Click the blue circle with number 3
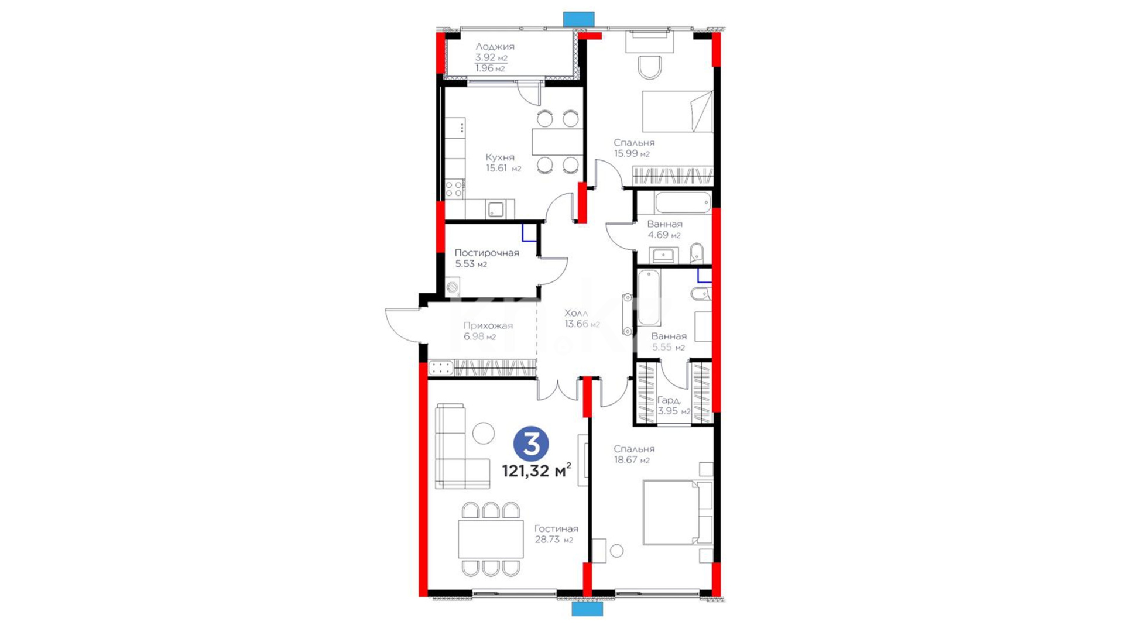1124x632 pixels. (531, 444)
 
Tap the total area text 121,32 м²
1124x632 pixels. (536, 470)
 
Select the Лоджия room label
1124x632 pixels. (495, 46)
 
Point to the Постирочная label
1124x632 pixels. (486, 253)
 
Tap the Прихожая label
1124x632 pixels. (488, 325)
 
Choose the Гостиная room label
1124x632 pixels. (556, 528)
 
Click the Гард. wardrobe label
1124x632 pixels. (669, 400)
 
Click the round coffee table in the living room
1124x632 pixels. (484, 433)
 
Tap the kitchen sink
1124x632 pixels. (496, 209)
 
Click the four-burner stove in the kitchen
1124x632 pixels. (454, 189)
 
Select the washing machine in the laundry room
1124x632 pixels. (453, 287)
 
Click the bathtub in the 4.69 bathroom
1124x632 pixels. (683, 202)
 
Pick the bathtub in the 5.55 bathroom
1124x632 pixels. (649, 298)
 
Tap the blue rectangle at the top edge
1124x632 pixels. (579, 19)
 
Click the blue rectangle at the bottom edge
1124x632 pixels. (587, 609)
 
